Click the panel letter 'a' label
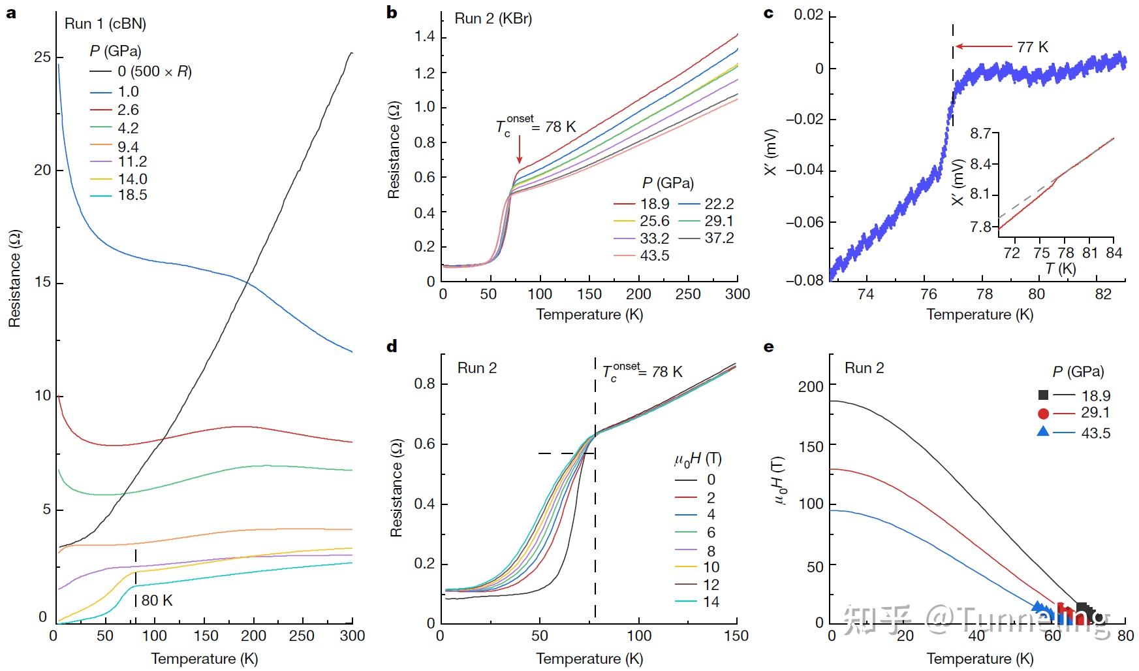(11, 13)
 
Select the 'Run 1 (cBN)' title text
(105, 24)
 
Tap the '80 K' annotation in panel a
(157, 600)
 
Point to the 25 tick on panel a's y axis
(42, 57)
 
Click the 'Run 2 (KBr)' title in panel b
(493, 18)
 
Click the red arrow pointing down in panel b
(520, 150)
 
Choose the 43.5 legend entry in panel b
(654, 255)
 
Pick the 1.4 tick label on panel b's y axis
(424, 37)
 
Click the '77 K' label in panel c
(1033, 47)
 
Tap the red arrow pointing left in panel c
(984, 47)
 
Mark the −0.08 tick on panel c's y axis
(805, 280)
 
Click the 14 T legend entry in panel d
(711, 602)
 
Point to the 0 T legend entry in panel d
(711, 480)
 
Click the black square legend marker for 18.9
(1043, 395)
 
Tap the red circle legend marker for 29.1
(1043, 413)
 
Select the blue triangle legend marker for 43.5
(1043, 432)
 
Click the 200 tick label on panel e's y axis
(811, 386)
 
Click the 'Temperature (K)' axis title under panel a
(204, 659)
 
